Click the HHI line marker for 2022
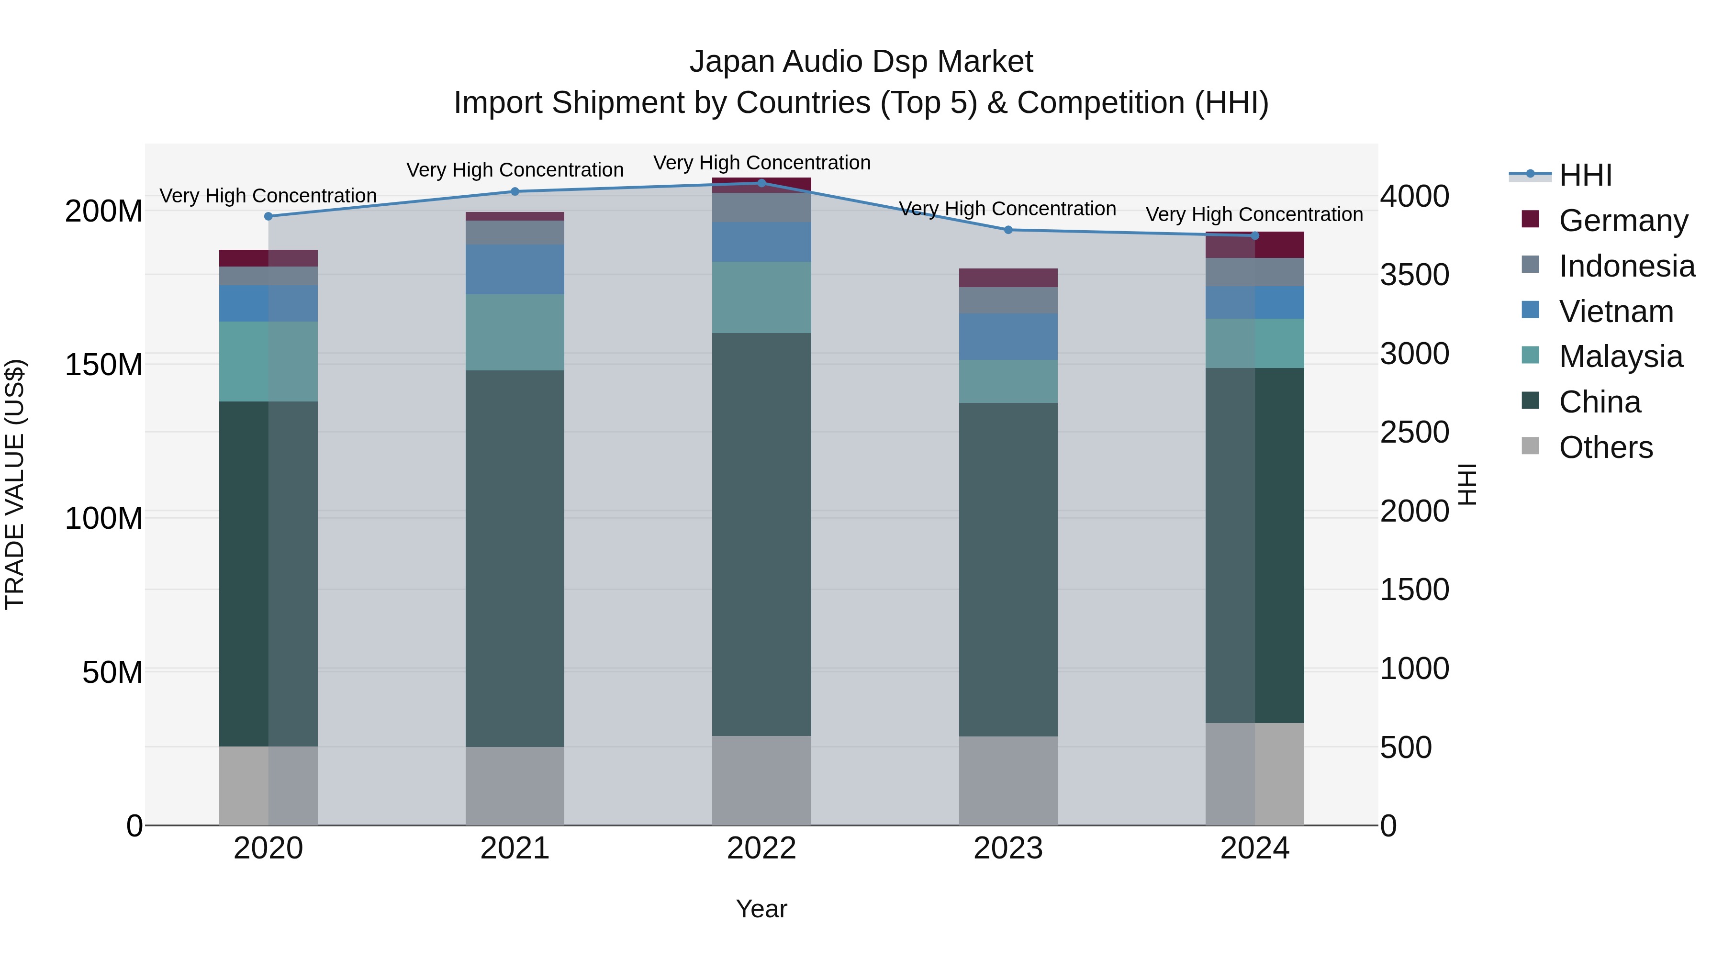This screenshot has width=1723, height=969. tap(761, 183)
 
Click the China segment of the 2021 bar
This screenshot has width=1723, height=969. tap(515, 558)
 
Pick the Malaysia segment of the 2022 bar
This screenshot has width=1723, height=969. tap(761, 298)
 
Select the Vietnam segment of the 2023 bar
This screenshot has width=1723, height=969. tap(1008, 337)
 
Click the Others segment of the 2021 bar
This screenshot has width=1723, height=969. tap(515, 786)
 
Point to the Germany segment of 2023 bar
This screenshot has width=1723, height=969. tap(1008, 278)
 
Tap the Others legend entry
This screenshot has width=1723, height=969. tap(1605, 447)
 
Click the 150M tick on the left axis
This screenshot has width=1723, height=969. tap(104, 365)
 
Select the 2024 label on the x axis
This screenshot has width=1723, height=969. tap(1254, 848)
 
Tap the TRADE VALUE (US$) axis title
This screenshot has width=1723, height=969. tap(15, 484)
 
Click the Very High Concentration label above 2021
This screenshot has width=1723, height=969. tap(515, 170)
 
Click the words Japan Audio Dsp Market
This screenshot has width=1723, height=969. tap(861, 62)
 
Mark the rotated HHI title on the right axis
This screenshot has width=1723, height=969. tap(1467, 484)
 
